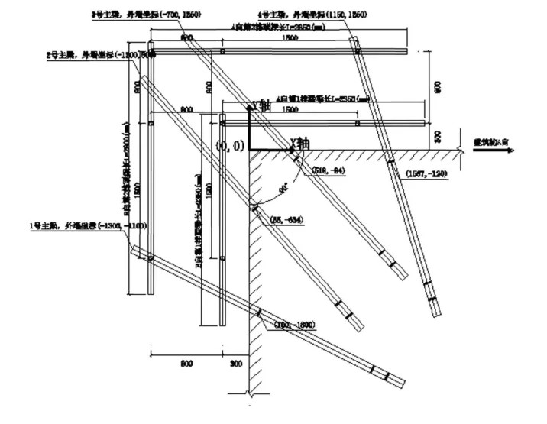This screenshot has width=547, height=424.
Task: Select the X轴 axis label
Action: pos(299,142)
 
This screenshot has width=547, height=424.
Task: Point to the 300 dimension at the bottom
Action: pos(235,362)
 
